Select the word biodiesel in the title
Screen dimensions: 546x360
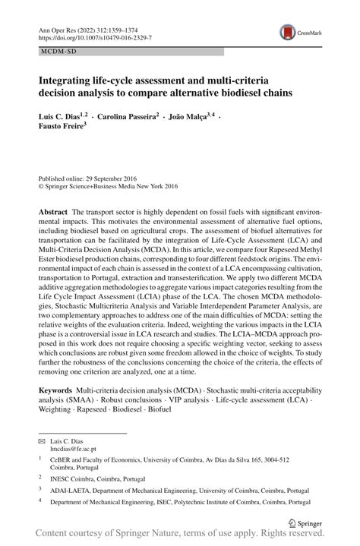[x=258, y=93]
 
